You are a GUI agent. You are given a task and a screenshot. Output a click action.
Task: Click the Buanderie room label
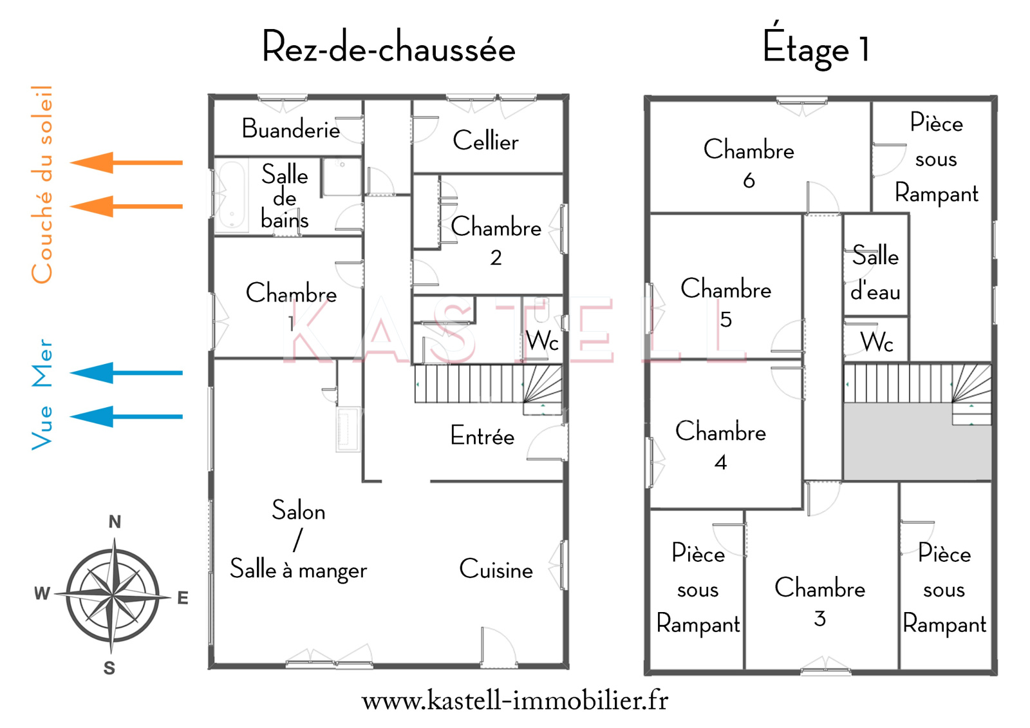(x=291, y=129)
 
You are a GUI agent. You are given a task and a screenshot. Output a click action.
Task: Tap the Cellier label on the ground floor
(x=485, y=141)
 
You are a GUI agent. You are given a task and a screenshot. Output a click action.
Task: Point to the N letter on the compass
(x=115, y=522)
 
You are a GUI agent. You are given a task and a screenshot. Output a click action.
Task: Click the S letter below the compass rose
(x=109, y=668)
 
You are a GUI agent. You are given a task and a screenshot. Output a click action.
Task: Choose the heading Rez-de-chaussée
(x=388, y=48)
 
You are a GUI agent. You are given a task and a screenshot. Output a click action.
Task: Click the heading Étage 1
(x=816, y=48)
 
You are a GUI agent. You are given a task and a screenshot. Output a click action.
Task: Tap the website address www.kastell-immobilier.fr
(x=515, y=700)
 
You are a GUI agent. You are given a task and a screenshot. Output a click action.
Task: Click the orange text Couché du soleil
(x=42, y=184)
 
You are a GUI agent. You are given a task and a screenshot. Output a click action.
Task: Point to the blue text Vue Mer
(x=42, y=394)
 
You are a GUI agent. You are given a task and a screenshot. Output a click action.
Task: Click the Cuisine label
(x=496, y=570)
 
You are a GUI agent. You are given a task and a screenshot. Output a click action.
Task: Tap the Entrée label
(x=482, y=436)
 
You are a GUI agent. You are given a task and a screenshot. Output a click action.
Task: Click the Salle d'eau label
(x=876, y=273)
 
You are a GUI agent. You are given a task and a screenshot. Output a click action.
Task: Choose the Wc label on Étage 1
(x=877, y=341)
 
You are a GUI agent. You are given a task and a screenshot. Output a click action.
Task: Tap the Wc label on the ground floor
(x=542, y=341)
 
